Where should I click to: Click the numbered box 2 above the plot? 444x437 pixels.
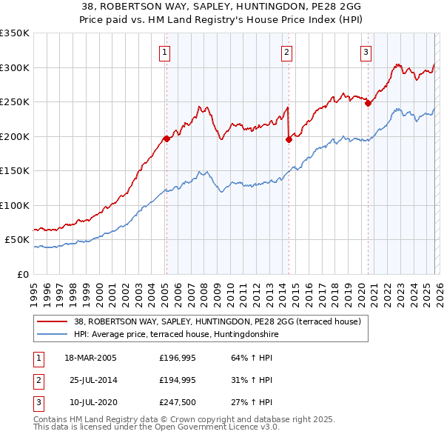click(x=286, y=52)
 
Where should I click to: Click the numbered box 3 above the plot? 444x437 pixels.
click(x=366, y=52)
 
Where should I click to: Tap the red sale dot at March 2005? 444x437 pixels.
click(x=166, y=138)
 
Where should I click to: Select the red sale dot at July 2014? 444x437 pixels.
click(x=289, y=139)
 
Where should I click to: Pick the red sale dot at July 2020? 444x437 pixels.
click(x=368, y=103)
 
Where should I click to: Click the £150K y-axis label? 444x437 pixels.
click(x=14, y=171)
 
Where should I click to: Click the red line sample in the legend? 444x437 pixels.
click(x=53, y=322)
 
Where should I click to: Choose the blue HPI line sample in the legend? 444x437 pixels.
click(x=53, y=335)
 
